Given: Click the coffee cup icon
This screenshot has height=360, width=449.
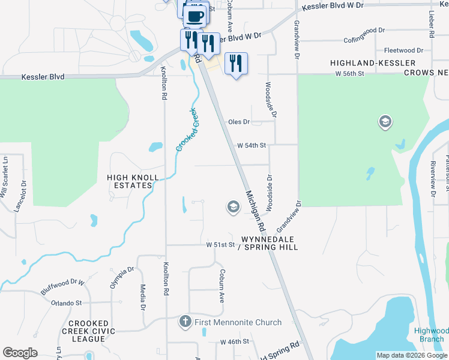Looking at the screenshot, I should coord(196,16).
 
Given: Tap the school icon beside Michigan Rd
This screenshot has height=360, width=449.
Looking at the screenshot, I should coord(233,208).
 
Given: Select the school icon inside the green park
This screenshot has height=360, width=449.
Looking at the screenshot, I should coord(384,122).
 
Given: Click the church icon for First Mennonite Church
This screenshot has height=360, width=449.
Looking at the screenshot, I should coord(186,322).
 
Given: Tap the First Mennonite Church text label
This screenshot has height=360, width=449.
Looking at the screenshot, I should coord(238,322).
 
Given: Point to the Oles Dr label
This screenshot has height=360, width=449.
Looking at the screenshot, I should coord(238,122).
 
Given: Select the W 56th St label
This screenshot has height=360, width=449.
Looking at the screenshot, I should coord(349,73).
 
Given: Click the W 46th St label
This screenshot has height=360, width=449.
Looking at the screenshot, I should coord(234,341).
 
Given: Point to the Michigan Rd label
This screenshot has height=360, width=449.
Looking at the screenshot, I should coord(255,212).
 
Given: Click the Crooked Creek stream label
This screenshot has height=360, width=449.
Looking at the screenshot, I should coord(187,130).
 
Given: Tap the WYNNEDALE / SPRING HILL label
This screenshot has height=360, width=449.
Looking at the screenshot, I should coord(270,243).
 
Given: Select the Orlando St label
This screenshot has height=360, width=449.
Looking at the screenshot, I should coord(66,303).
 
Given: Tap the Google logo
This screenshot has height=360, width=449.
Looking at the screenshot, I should coord(20,353).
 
